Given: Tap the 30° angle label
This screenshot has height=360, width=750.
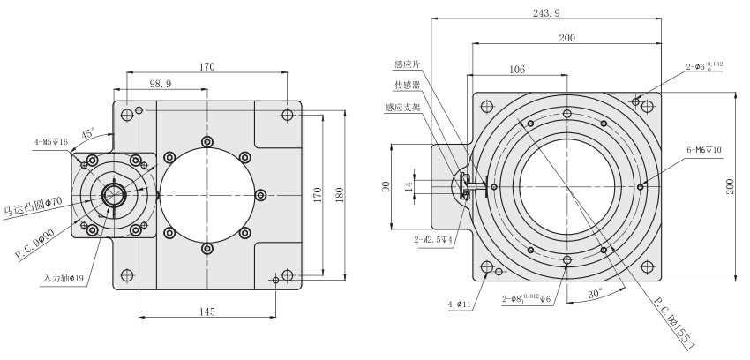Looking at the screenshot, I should (x=595, y=292).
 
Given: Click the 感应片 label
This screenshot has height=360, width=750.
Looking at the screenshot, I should (x=407, y=64).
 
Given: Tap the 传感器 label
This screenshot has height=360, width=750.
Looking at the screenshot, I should (x=407, y=86).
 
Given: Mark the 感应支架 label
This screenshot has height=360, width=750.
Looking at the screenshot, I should (x=402, y=108).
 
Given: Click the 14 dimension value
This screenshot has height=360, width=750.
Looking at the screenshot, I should (x=409, y=186).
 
